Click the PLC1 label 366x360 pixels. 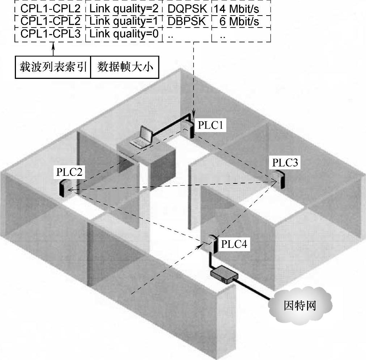[x=212, y=126]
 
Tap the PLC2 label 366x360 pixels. [x=69, y=172]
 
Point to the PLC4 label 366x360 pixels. [x=234, y=245]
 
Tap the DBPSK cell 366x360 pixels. [x=187, y=21]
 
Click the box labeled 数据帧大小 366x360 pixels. [x=124, y=67]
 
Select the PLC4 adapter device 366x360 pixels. [x=213, y=245]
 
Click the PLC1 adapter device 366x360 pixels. [x=188, y=130]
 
